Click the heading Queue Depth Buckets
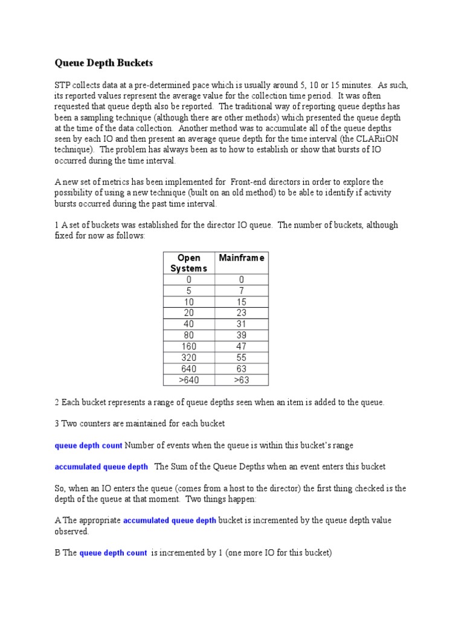tap(104, 63)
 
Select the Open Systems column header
tap(189, 263)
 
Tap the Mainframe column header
tap(242, 258)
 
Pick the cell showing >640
tap(189, 380)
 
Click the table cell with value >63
tap(242, 380)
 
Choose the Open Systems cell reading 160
tap(189, 346)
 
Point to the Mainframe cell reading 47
tap(242, 346)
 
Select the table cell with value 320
tap(189, 357)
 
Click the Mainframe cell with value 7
tap(242, 290)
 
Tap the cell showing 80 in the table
tap(189, 335)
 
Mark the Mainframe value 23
tap(242, 313)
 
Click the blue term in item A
tap(170, 520)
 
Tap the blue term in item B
tap(113, 553)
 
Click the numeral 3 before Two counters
tap(57, 424)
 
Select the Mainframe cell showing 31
tap(242, 324)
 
